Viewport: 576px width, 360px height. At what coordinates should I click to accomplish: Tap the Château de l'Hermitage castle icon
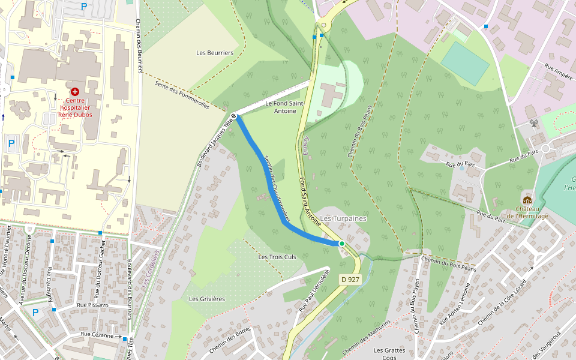(x=527, y=200)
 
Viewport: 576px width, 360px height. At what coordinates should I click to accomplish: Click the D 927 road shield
(x=350, y=279)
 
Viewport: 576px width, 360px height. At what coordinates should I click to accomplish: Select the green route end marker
(x=341, y=244)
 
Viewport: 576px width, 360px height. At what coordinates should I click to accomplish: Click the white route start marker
(x=233, y=115)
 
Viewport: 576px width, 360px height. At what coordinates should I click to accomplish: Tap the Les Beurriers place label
(x=215, y=53)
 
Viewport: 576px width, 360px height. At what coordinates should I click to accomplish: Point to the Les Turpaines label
(x=343, y=218)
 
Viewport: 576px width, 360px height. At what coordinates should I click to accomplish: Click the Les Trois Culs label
(x=277, y=257)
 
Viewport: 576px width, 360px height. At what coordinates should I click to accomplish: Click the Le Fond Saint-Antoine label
(x=285, y=107)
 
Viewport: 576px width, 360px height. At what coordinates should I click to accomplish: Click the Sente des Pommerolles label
(x=182, y=95)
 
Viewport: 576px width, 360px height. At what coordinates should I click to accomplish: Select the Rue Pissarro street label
(x=92, y=305)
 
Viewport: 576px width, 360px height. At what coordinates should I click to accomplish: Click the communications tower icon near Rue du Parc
(x=533, y=124)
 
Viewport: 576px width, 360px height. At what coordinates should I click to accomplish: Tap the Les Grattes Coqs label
(x=389, y=353)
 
